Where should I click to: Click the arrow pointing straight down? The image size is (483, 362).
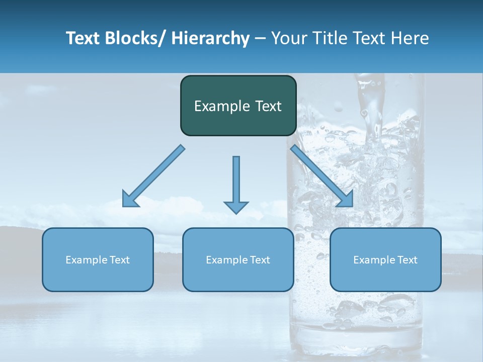pyautogui.click(x=236, y=184)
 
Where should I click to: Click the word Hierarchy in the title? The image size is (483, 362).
pyautogui.click(x=210, y=38)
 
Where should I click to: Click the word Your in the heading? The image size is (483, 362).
pyautogui.click(x=289, y=38)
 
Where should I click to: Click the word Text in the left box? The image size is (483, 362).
pyautogui.click(x=118, y=260)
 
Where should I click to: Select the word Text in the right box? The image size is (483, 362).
pyautogui.click(x=406, y=260)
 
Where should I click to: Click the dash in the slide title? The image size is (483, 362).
pyautogui.click(x=260, y=39)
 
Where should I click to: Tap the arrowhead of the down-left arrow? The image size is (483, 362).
pyautogui.click(x=130, y=199)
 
